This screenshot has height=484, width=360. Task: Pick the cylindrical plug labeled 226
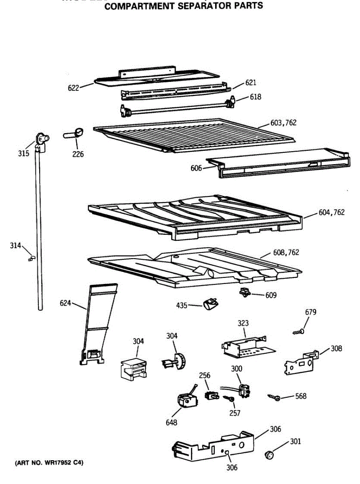(x=73, y=134)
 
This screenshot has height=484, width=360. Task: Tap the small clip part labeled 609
(x=244, y=292)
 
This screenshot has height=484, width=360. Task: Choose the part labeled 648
(x=186, y=401)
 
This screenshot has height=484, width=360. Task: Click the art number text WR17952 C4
(x=49, y=463)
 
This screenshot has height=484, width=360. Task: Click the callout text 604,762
(x=332, y=212)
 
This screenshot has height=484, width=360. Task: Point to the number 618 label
(x=255, y=97)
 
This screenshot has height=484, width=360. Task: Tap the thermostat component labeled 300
(x=243, y=390)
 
